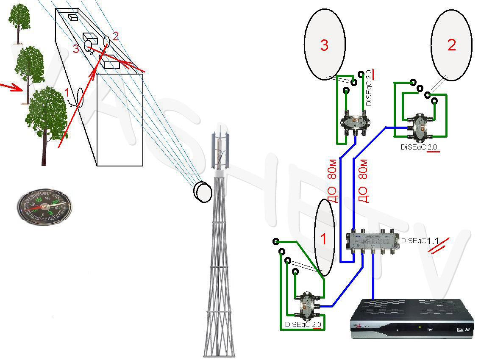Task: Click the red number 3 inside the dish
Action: [324, 45]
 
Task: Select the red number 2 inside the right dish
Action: [452, 45]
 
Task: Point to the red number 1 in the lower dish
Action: [323, 239]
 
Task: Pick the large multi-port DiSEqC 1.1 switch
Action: [373, 242]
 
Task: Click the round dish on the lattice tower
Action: [203, 191]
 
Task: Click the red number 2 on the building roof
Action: [115, 36]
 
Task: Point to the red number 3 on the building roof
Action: [76, 49]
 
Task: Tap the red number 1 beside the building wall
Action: [66, 91]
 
